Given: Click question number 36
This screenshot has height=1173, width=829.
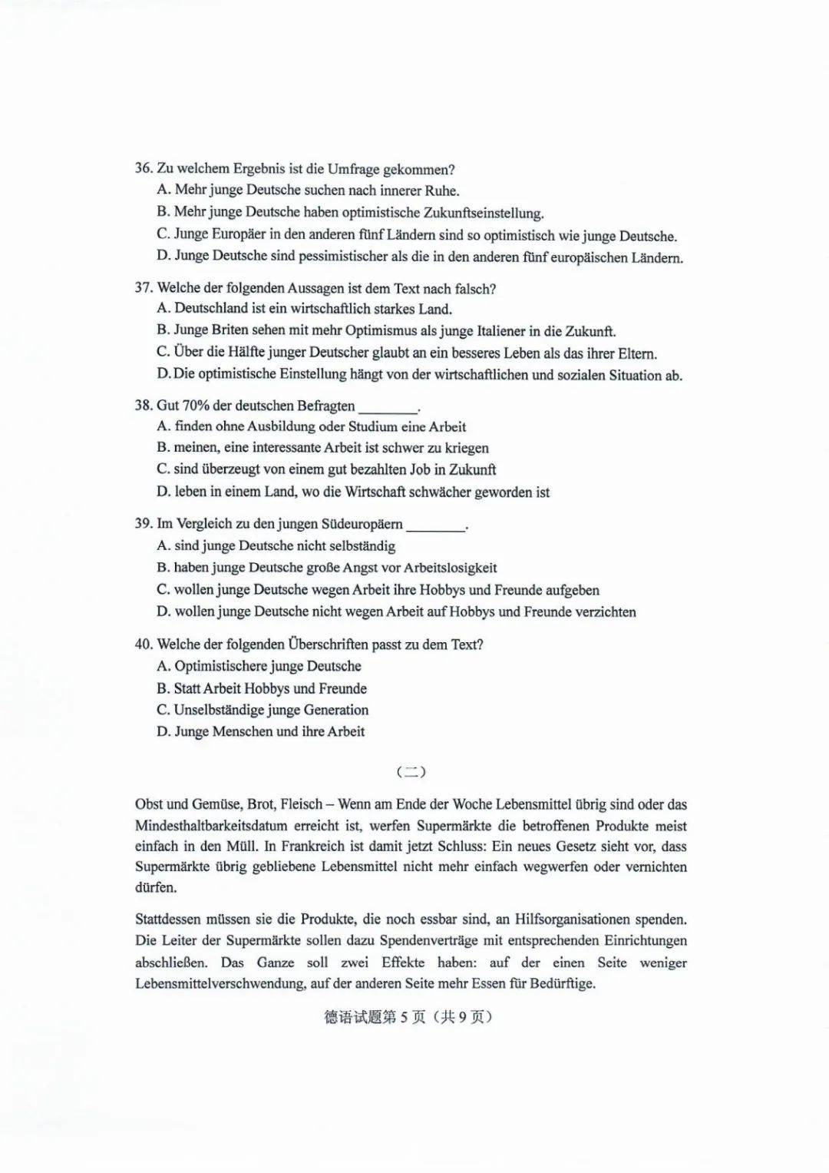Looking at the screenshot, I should click(144, 169).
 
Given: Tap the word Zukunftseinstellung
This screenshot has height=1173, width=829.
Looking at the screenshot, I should click(484, 213).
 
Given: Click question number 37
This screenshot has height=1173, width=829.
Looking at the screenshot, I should click(144, 289).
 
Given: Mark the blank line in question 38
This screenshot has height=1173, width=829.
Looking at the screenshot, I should click(388, 407).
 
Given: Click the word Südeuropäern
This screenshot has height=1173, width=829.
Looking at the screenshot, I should click(359, 524).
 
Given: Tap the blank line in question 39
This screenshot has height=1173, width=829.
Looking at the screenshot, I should click(435, 525).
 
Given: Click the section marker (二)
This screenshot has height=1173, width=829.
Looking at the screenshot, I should click(411, 771).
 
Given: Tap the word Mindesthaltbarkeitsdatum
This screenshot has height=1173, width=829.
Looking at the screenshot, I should click(211, 827).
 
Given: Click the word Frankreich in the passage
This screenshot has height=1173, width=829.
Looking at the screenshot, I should click(317, 847).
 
